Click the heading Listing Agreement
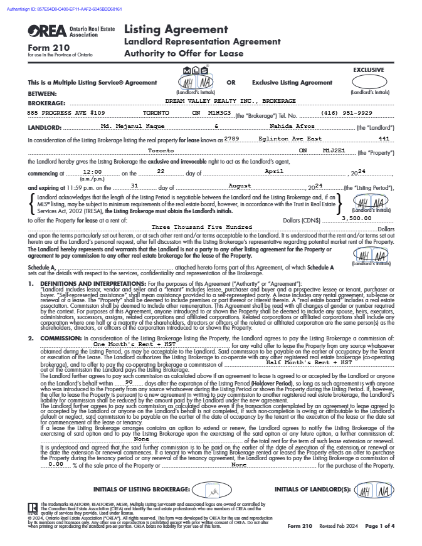[176, 29]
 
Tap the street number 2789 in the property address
[231, 138]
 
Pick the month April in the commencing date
[274, 171]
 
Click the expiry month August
[240, 186]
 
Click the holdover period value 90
[129, 381]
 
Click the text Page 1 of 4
[379, 526]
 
